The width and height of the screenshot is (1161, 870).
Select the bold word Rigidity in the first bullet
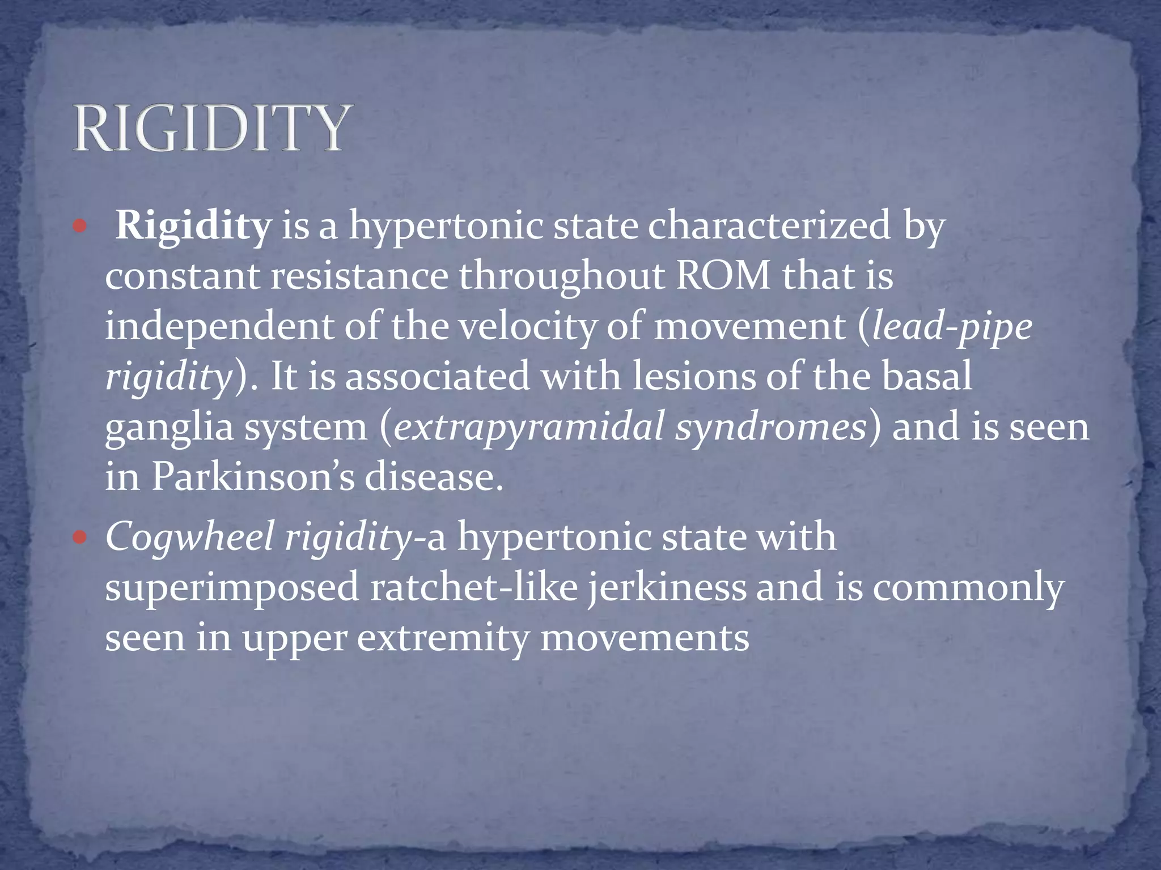193,226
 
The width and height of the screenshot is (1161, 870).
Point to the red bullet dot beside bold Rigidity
80,227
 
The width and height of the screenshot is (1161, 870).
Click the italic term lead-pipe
952,327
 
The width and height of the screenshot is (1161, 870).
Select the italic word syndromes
771,427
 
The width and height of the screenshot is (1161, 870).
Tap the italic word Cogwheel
189,537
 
